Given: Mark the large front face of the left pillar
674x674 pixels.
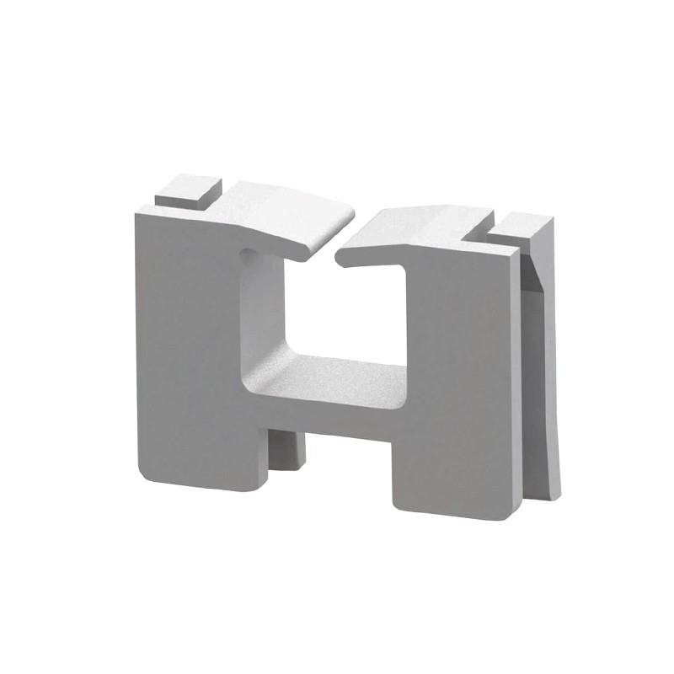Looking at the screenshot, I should pos(185,337).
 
